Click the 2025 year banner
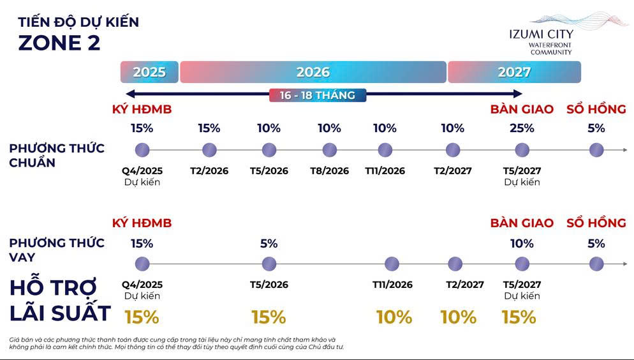point(149,72)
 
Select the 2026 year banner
point(313,72)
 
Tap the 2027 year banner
point(514,72)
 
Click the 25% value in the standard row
point(522,128)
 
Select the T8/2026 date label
point(329,171)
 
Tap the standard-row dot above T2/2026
point(209,151)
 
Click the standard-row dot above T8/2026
point(329,151)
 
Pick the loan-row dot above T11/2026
point(392,264)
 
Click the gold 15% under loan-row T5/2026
point(269,317)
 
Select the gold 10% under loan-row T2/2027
point(458,317)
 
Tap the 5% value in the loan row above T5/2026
point(269,243)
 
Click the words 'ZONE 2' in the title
point(59,43)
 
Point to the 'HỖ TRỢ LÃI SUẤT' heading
point(61,301)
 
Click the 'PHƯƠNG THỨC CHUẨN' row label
point(57,155)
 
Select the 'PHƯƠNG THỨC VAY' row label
point(57,250)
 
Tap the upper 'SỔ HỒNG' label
point(596,109)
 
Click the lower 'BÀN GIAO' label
point(522,223)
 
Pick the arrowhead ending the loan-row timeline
point(624,264)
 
